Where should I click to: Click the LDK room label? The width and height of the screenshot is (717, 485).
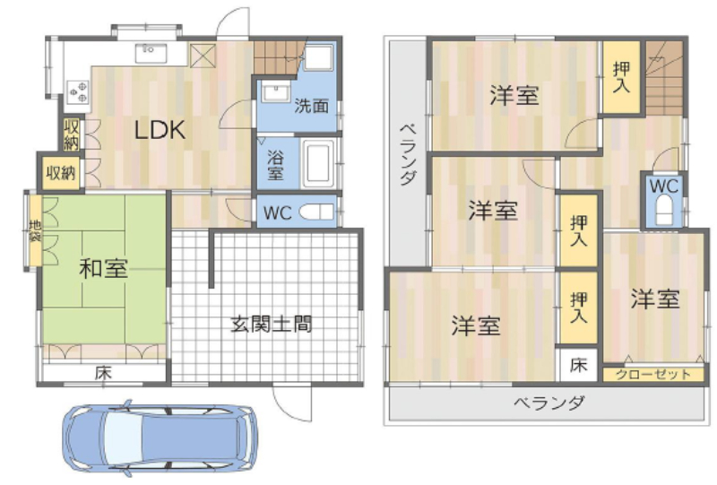[160, 130]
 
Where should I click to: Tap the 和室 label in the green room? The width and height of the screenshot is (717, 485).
[103, 269]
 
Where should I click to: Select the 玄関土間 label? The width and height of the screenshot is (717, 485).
[272, 325]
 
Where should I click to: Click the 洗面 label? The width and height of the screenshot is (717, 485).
[311, 106]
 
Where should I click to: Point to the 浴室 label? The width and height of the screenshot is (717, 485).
[275, 165]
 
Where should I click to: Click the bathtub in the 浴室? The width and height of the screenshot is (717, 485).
[320, 163]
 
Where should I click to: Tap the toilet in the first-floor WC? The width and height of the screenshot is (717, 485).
[316, 212]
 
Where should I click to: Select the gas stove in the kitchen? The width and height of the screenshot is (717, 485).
[78, 91]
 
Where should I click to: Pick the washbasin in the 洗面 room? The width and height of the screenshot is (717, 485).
[276, 93]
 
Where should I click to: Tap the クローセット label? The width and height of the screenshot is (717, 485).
[653, 375]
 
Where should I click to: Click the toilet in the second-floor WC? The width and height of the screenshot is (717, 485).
[664, 210]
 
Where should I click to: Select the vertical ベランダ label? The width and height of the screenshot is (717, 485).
[409, 154]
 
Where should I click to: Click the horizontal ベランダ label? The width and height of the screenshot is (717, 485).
[549, 403]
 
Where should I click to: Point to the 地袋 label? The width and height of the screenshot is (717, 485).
[35, 231]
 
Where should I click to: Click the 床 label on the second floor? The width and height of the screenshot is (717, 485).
[579, 365]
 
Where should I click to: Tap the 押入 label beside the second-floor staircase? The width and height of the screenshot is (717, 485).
[621, 77]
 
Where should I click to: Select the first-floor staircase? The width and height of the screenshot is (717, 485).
[279, 57]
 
